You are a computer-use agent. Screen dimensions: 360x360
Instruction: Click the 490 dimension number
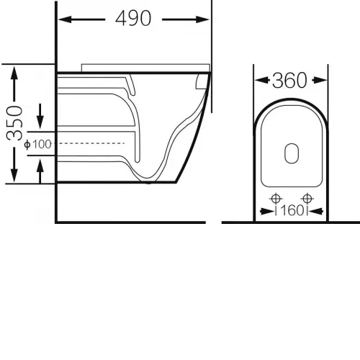tap(133, 18)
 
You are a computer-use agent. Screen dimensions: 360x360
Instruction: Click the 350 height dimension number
tap(14, 123)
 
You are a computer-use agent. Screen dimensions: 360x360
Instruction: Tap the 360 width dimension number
tap(289, 80)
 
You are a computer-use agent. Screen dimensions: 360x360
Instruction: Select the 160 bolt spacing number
tap(292, 210)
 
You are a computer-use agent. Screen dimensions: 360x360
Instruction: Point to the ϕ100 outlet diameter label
tap(38, 144)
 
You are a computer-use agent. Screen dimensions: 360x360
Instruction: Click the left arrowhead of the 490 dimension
tap(65, 19)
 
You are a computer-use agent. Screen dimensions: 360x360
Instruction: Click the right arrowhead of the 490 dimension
tap(202, 19)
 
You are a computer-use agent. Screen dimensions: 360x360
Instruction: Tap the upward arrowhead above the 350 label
tap(14, 73)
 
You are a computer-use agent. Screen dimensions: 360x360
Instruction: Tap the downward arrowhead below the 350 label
tap(14, 176)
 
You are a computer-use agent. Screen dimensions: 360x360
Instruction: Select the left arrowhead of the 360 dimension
tap(262, 80)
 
